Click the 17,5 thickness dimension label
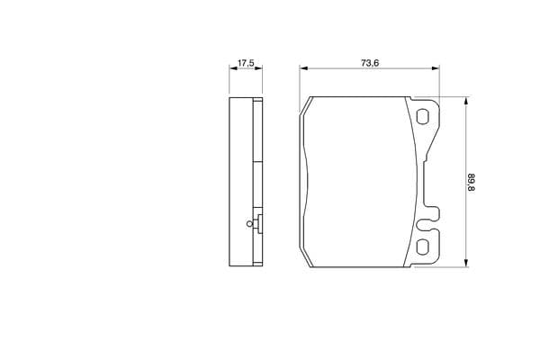click(246, 63)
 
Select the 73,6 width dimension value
click(370, 63)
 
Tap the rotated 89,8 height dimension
click(471, 183)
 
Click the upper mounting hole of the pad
click(422, 117)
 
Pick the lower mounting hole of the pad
click(422, 247)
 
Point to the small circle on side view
click(249, 224)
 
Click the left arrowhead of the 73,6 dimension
click(303, 68)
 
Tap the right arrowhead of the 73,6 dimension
click(436, 68)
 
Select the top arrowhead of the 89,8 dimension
click(466, 101)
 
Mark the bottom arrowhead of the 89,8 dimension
click(466, 263)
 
